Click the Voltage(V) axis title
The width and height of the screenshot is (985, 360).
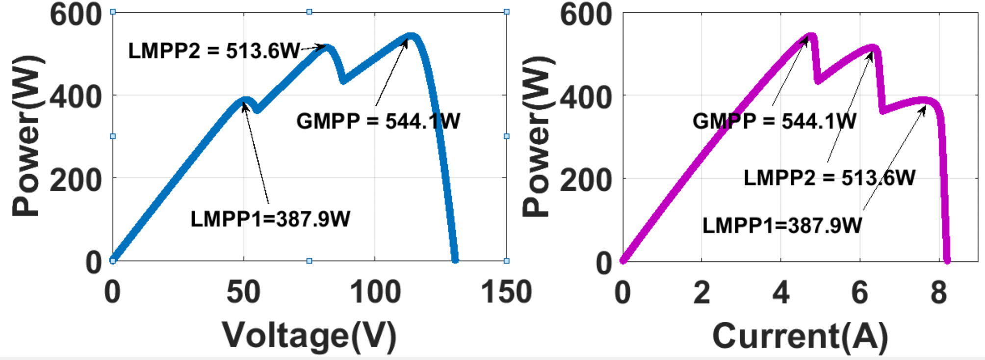tap(309, 336)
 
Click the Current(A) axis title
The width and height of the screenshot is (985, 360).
tap(800, 336)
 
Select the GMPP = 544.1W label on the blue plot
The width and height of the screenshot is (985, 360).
tap(378, 121)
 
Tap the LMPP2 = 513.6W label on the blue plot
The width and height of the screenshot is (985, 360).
tap(214, 51)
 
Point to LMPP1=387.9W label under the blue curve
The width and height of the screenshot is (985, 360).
tap(270, 219)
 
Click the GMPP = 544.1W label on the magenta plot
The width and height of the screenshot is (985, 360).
tap(774, 121)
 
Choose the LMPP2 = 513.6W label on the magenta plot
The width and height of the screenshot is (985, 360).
tap(829, 178)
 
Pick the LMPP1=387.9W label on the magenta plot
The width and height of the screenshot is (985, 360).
tap(782, 226)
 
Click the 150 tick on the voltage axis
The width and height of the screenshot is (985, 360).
tap(506, 292)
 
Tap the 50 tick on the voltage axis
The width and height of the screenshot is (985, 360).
tap(243, 292)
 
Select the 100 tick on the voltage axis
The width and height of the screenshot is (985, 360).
tap(375, 292)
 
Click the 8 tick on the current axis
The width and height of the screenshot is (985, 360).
tap(938, 292)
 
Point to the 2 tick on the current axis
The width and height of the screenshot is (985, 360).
tap(701, 292)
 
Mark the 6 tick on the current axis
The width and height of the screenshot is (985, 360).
tap(859, 292)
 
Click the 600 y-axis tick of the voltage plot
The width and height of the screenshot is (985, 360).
tap(76, 15)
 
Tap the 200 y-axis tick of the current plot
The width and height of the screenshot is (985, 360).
tap(586, 180)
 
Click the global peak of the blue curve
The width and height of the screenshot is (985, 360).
tap(411, 36)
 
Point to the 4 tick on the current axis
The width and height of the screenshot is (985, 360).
tap(780, 292)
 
